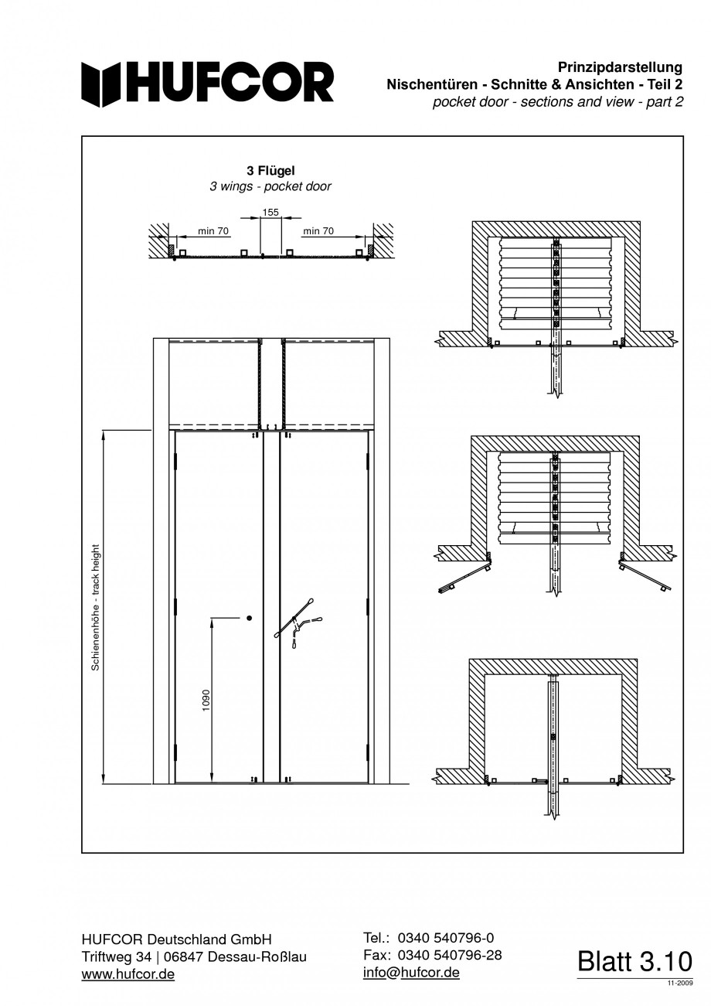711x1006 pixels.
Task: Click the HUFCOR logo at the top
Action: tap(208, 84)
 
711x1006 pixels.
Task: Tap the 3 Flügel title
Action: tap(270, 171)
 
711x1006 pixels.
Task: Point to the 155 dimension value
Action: tap(270, 212)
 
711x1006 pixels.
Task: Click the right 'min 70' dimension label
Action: tap(318, 230)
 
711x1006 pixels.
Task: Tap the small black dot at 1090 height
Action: tap(249, 618)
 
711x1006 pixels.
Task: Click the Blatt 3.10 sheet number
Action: tap(634, 962)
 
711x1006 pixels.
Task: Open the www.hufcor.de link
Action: tap(128, 974)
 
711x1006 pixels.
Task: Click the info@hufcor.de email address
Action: tap(411, 972)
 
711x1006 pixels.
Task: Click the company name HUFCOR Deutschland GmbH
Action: tap(176, 940)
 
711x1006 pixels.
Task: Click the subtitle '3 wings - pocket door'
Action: tap(270, 186)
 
